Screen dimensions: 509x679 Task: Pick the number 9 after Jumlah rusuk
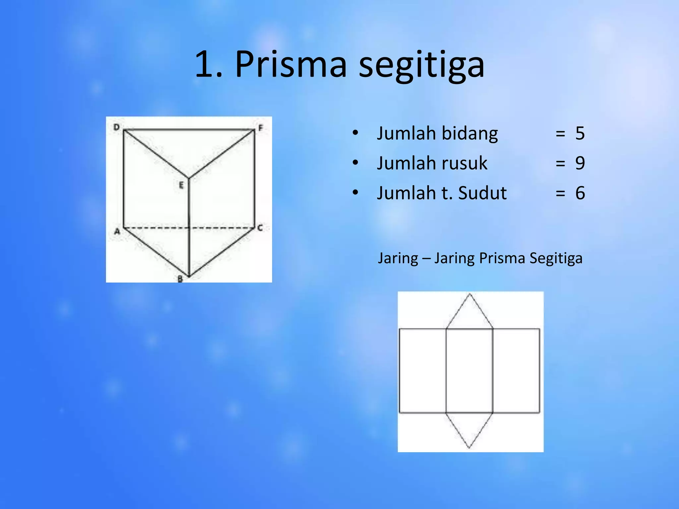click(x=580, y=163)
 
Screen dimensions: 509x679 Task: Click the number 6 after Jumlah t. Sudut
click(x=580, y=193)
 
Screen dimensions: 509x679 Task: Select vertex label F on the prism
click(x=260, y=128)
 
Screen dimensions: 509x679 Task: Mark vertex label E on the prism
click(x=181, y=185)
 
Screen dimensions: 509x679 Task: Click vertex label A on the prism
click(x=117, y=232)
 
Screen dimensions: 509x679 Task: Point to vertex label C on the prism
click(x=260, y=228)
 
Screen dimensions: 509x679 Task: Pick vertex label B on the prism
click(x=180, y=279)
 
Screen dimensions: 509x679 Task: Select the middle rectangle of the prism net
click(x=469, y=370)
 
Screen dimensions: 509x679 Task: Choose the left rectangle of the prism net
click(x=422, y=370)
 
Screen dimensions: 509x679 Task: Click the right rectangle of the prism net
click(x=516, y=370)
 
